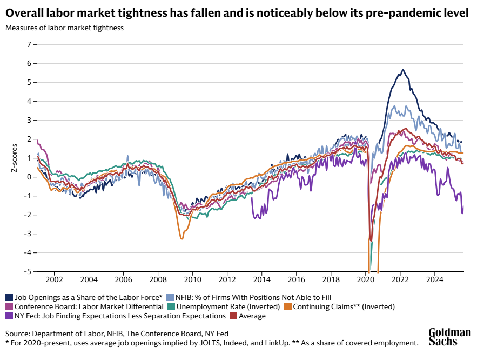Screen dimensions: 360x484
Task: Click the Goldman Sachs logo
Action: pos(449,337)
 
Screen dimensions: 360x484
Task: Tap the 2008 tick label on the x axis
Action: pos(158,280)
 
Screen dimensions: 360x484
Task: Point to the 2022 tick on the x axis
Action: pos(400,280)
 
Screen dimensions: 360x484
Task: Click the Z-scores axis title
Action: pos(15,158)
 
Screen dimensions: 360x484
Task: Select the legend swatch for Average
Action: pos(233,316)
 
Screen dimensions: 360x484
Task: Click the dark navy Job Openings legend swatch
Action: pos(9,297)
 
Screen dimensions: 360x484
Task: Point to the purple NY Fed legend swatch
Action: pos(9,316)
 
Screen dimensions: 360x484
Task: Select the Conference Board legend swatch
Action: pos(9,306)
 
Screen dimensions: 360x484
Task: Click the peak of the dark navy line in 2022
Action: pos(402,70)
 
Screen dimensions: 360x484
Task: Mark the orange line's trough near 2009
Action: pos(182,238)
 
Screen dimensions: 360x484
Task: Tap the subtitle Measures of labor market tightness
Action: pos(64,28)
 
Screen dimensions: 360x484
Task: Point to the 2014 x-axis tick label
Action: pos(262,280)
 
